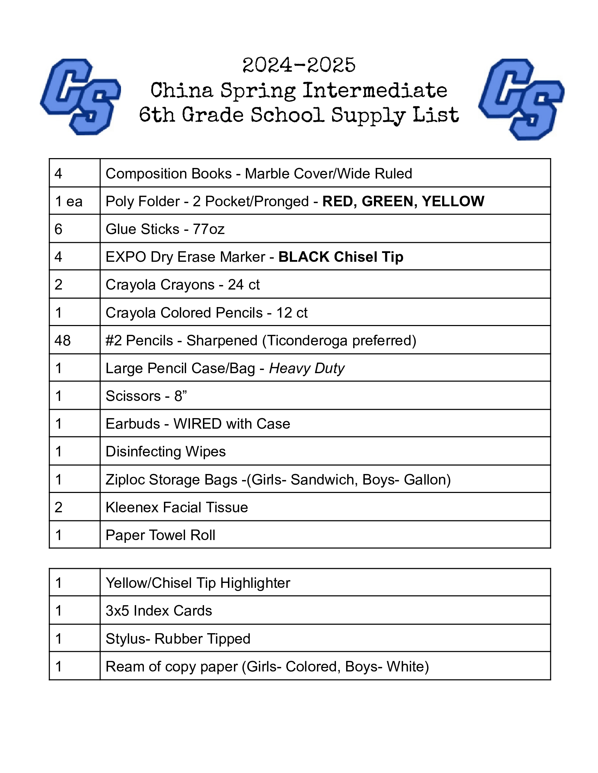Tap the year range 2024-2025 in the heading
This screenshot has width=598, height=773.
pos(299,65)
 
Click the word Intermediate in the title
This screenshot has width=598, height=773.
pos(375,91)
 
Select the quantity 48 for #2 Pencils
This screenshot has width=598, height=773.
pos(63,340)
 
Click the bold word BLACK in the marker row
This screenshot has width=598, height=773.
pos(304,257)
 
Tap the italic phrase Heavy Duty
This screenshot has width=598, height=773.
pos(307,369)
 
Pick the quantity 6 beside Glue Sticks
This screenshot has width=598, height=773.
pos(58,229)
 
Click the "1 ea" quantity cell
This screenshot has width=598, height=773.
pos(69,201)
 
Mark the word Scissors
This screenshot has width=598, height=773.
pos(133,396)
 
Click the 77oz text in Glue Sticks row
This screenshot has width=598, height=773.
pos(209,229)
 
